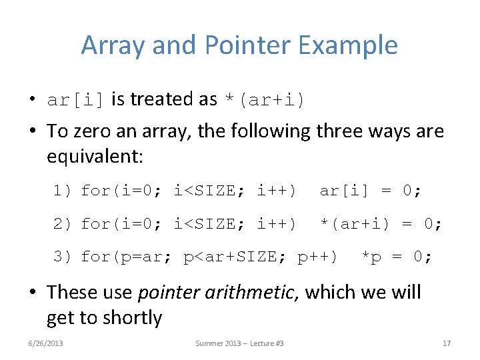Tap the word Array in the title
click(113, 45)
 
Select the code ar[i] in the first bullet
click(75, 100)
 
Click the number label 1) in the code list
click(64, 192)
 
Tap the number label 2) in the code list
click(64, 224)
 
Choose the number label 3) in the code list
click(64, 256)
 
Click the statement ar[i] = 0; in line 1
click(370, 192)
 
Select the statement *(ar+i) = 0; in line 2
click(380, 224)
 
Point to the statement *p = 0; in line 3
click(396, 256)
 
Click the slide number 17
click(447, 343)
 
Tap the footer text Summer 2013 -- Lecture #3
click(239, 343)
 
